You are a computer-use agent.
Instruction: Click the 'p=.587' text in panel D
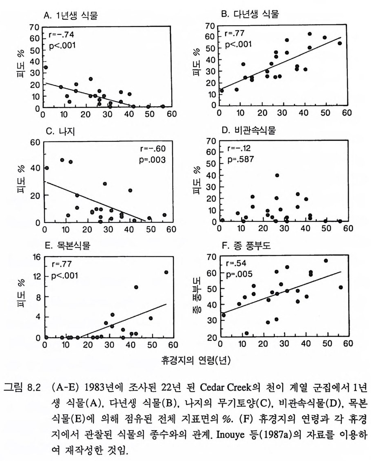coord(240,159)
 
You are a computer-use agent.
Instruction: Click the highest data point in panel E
coord(166,272)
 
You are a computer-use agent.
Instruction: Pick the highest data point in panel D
coord(277,175)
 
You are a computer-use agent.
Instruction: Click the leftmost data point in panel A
coord(46,67)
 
